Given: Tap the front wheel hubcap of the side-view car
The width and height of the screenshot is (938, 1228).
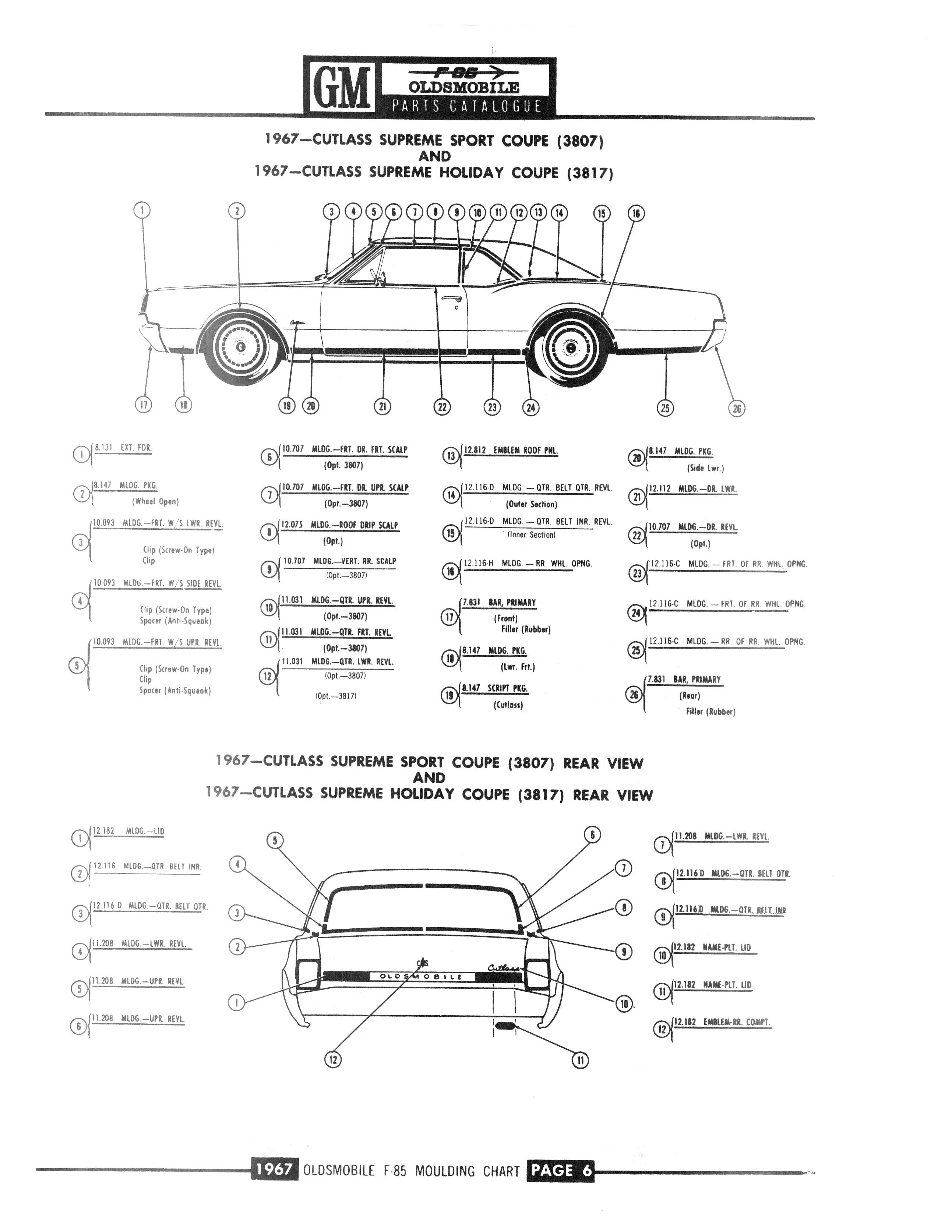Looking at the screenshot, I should coord(240,347).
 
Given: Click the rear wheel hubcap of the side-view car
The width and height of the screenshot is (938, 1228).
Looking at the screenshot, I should coord(570,347).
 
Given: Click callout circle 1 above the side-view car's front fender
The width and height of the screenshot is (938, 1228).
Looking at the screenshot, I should coord(142,210).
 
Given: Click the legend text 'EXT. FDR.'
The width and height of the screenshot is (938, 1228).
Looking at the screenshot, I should coord(136,447).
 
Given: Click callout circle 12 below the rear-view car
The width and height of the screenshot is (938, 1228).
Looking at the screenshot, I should coord(333,1059).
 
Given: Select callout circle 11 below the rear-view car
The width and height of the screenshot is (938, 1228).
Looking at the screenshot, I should coord(580,1060).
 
